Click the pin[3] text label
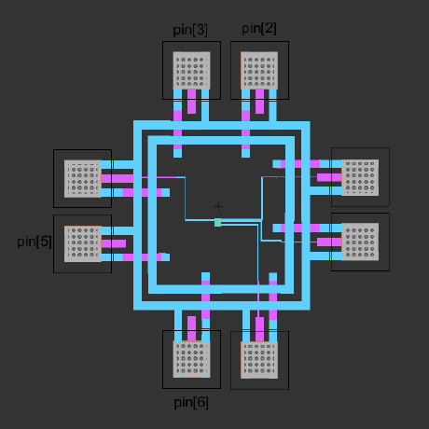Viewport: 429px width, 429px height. [190, 30]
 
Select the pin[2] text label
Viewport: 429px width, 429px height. [259, 29]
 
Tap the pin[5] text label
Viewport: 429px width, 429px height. [35, 242]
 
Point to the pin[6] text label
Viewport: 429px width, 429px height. [191, 403]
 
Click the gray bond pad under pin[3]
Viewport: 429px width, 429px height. [191, 70]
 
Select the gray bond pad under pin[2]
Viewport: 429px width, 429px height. [259, 70]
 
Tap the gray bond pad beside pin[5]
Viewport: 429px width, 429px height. [83, 243]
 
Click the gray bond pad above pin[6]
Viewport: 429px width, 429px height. [191, 359]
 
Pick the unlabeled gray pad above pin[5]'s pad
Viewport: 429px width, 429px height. [83, 178]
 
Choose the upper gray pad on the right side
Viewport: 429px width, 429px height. [360, 177]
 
